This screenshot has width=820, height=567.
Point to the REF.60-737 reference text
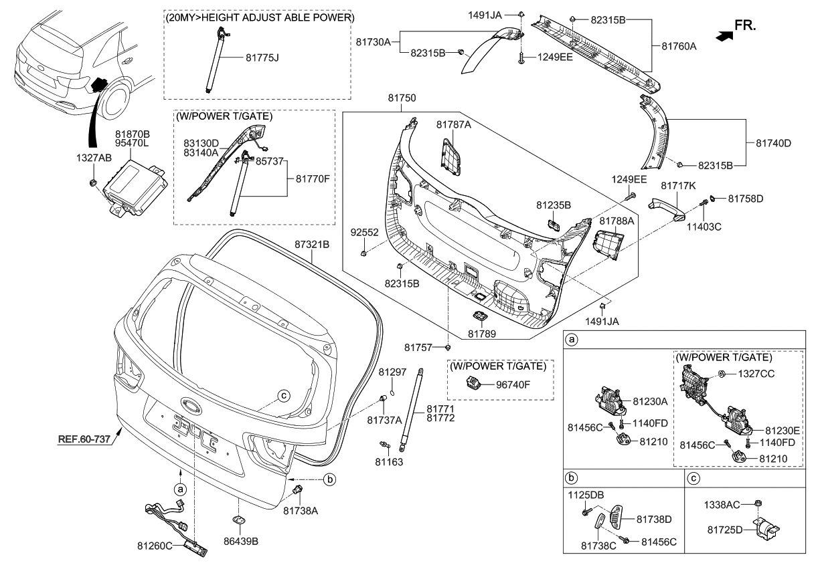point(86,440)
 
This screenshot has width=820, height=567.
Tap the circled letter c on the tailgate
point(284,394)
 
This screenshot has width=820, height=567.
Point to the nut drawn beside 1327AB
point(94,183)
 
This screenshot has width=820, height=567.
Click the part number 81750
point(402,98)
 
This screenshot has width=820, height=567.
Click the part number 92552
point(364,233)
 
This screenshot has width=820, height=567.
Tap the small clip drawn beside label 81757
point(448,347)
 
